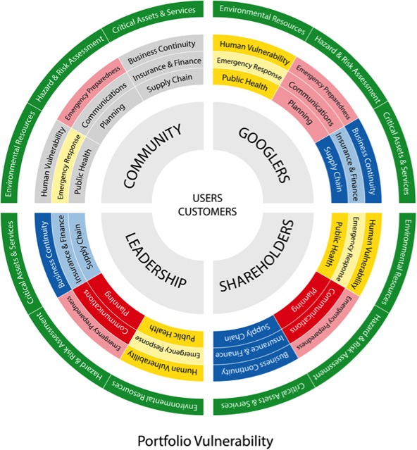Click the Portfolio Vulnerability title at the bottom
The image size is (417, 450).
coord(205,441)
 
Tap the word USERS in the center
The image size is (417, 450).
coord(207,198)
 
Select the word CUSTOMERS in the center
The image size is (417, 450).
coord(207,212)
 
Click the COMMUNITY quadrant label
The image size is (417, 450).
coord(152,156)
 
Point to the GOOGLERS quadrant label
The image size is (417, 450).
coord(264,155)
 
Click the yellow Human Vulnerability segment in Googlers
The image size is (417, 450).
coord(254,51)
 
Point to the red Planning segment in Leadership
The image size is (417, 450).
coord(117,303)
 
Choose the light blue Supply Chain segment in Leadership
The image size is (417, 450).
coord(85,247)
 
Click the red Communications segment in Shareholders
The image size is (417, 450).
coord(312,311)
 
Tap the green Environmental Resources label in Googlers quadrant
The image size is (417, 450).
coord(262,18)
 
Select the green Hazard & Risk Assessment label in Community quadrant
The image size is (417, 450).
coord(69,69)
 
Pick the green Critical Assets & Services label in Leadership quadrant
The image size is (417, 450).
coord(18,263)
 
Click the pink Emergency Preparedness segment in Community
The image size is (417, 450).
coord(92,93)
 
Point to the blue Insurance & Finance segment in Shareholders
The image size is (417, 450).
coord(250,349)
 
